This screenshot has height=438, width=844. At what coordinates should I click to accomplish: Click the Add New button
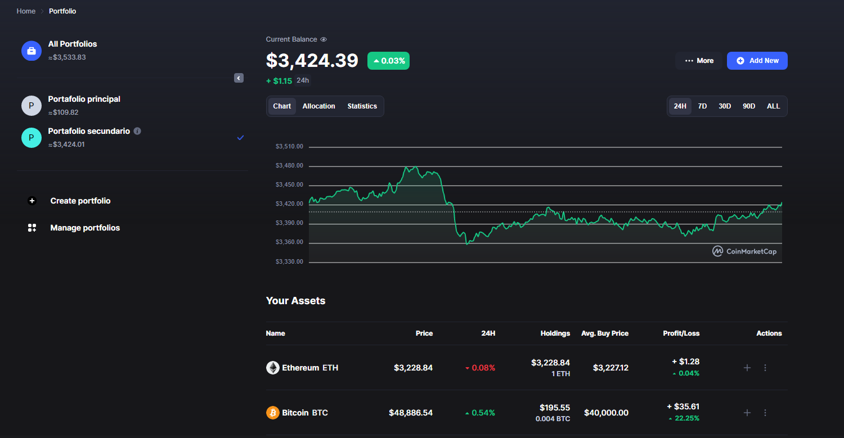(x=757, y=61)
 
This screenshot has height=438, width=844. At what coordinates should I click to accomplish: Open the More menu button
(x=699, y=61)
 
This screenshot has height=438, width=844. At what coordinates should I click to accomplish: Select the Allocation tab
(x=319, y=106)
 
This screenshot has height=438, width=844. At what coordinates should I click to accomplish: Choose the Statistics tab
(x=362, y=106)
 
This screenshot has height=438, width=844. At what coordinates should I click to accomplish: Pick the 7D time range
(x=702, y=106)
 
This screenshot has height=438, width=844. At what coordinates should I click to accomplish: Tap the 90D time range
(x=749, y=106)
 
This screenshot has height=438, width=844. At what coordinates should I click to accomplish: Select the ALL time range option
(x=773, y=106)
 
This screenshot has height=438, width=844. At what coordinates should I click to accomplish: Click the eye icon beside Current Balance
(x=324, y=39)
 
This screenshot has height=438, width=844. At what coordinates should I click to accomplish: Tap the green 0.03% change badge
(x=388, y=61)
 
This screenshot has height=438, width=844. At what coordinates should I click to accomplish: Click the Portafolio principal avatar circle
(x=32, y=106)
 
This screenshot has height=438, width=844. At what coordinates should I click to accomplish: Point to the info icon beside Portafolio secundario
(x=137, y=131)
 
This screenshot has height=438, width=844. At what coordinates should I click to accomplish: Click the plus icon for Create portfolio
(x=32, y=201)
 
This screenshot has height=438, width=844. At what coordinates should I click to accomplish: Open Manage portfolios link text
(x=85, y=228)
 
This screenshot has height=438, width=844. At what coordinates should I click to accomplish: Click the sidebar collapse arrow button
(x=239, y=78)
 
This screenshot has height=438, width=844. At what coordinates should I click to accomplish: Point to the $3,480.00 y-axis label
(x=289, y=165)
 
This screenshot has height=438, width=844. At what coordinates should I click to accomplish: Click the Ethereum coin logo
(x=273, y=368)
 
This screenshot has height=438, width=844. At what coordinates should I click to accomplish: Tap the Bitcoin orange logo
(x=273, y=413)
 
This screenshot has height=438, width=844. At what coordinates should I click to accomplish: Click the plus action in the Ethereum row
(x=747, y=368)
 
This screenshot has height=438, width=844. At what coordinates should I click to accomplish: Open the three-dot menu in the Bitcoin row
(x=765, y=413)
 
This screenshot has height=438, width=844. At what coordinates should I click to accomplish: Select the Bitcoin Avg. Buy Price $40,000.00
(x=606, y=413)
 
